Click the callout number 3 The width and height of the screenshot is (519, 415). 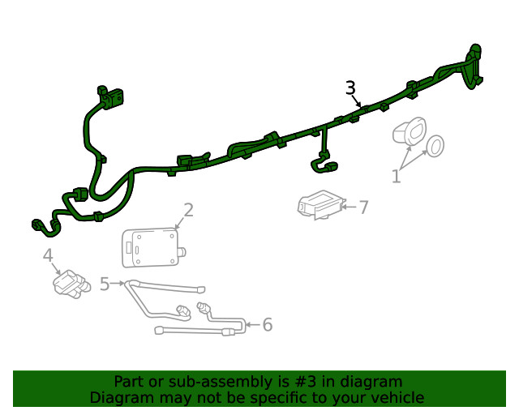click(350, 88)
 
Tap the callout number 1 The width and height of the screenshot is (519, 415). click(397, 176)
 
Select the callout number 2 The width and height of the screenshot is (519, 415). click(188, 210)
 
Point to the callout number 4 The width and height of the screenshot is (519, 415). click(48, 255)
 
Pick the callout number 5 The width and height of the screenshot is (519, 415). click(105, 284)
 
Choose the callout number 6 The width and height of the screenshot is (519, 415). click(268, 325)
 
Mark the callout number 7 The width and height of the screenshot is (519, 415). click(363, 207)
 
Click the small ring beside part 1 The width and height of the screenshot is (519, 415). click(435, 146)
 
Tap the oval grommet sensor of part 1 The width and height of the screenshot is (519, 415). click(409, 131)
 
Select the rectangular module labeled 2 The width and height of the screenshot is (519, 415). click(153, 247)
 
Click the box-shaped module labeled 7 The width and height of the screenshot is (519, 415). click(321, 204)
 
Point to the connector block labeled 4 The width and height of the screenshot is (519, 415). click(71, 284)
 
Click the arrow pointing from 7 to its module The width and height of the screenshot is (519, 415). click(349, 207)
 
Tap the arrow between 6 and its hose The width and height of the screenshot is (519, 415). click(252, 325)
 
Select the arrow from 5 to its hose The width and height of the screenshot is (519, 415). click(118, 283)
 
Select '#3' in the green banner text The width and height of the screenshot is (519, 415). click(306, 382)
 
